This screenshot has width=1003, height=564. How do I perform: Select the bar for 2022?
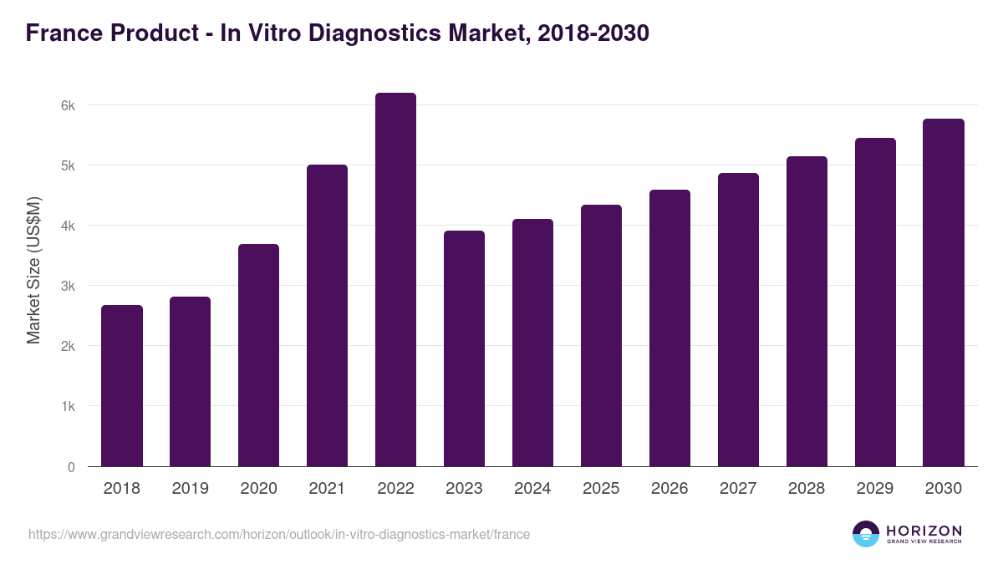tap(395, 280)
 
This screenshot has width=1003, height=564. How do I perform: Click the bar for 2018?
tap(122, 386)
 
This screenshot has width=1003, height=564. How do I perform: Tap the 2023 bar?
tap(464, 348)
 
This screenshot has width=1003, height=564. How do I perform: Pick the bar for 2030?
tap(944, 292)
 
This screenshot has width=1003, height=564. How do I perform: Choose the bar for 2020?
tap(258, 355)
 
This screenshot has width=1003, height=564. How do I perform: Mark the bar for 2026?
tap(670, 328)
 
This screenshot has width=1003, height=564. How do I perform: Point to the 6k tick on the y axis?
tap(68, 106)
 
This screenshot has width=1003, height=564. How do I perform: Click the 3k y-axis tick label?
tap(68, 287)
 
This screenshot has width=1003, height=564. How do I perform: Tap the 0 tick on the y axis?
tap(71, 467)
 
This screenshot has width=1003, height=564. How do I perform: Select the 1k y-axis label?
tap(68, 407)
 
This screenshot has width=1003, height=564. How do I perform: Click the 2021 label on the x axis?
tap(327, 489)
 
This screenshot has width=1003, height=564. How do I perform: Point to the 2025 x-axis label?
tap(601, 489)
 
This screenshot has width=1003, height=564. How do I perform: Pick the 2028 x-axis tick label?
tap(807, 489)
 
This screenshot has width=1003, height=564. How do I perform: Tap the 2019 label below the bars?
tap(190, 489)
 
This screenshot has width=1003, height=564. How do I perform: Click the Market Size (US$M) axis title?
tap(34, 270)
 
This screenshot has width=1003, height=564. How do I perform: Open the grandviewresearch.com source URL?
tap(279, 534)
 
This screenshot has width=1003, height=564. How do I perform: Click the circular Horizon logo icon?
tap(866, 534)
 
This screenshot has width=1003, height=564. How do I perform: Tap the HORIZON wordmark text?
tap(924, 531)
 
